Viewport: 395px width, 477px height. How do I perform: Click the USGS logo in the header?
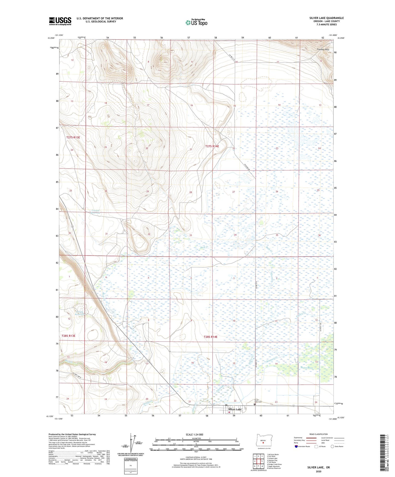[60, 21]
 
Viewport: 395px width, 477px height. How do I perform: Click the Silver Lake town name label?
[235, 410]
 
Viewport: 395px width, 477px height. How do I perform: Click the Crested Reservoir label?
[96, 211]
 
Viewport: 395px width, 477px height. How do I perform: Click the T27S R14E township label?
[212, 146]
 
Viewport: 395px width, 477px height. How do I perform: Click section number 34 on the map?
[235, 235]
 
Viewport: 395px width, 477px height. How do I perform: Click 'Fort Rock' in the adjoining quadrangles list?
[272, 456]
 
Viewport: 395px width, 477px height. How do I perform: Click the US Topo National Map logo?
[196, 22]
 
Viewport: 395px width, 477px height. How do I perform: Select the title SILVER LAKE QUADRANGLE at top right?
[326, 18]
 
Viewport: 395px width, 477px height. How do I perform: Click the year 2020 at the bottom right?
[318, 472]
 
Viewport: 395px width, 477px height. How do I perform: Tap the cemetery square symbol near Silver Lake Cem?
[254, 405]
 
